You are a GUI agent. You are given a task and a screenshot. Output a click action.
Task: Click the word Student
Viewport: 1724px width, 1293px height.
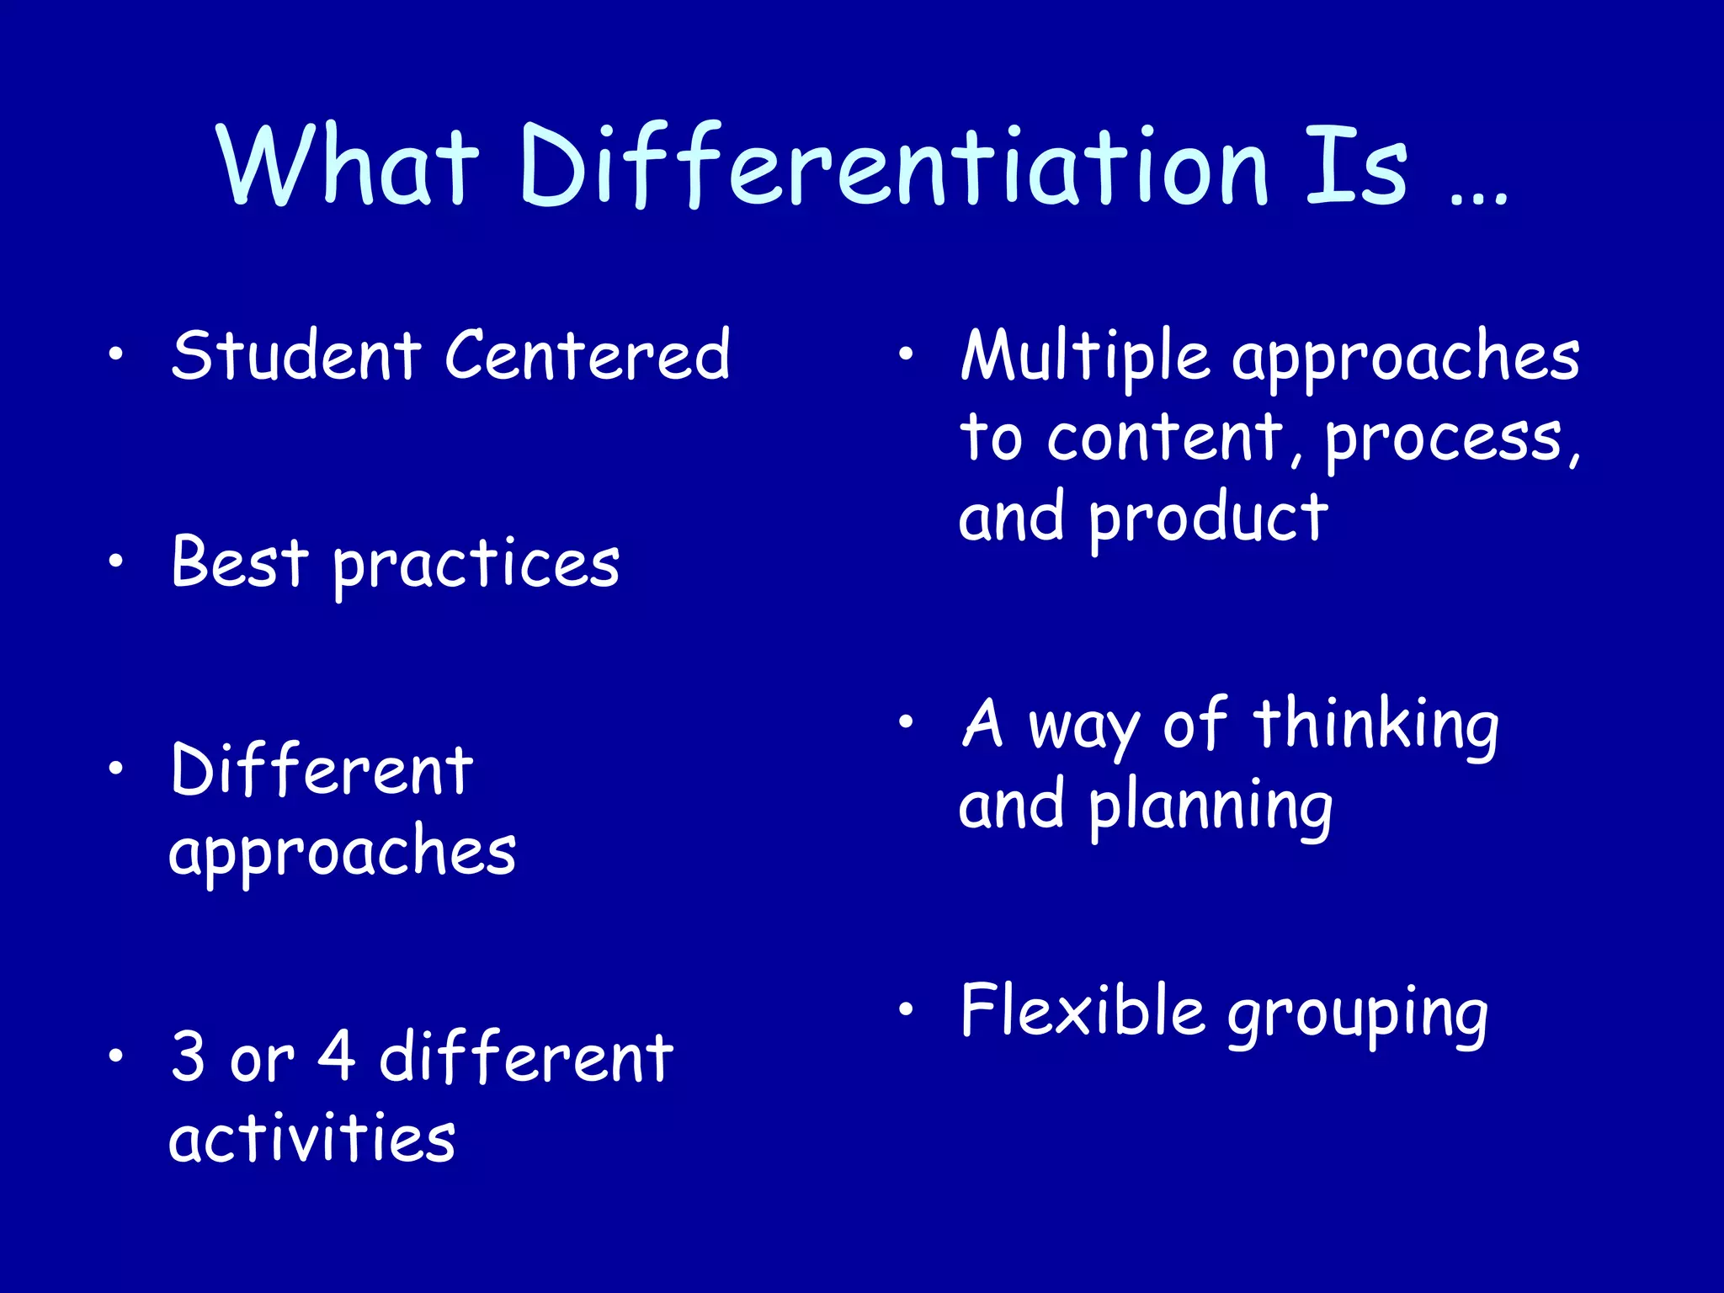[295, 355]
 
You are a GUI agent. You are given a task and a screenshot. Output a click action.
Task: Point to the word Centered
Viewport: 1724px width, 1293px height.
[587, 355]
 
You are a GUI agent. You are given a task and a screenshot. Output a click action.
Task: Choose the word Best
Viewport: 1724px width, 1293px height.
[240, 562]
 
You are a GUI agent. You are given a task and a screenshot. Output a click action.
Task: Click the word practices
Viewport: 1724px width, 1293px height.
[476, 566]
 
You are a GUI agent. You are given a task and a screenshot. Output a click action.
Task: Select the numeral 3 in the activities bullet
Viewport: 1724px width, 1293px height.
[188, 1056]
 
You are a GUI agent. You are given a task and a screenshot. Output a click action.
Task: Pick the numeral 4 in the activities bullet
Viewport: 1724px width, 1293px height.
[337, 1056]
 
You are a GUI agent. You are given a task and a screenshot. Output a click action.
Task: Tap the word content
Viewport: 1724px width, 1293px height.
[1165, 438]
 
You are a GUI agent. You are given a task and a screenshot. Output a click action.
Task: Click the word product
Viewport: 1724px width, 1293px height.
[1209, 520]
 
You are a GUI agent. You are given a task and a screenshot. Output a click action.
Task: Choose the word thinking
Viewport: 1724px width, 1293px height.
[1375, 726]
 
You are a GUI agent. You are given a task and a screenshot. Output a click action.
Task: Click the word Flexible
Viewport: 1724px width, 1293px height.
[1083, 1010]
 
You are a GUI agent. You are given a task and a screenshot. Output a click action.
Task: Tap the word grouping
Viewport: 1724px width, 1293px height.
[1357, 1015]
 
